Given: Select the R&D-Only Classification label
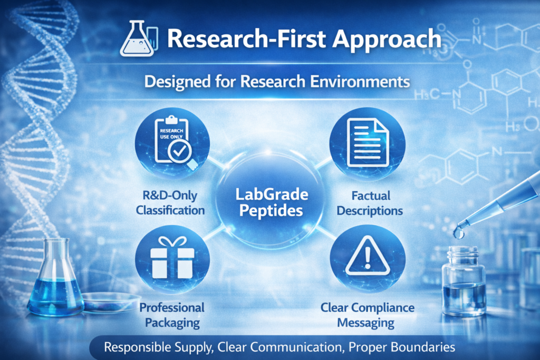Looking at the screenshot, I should point(170,203).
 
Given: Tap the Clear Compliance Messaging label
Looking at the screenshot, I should point(368,315).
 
